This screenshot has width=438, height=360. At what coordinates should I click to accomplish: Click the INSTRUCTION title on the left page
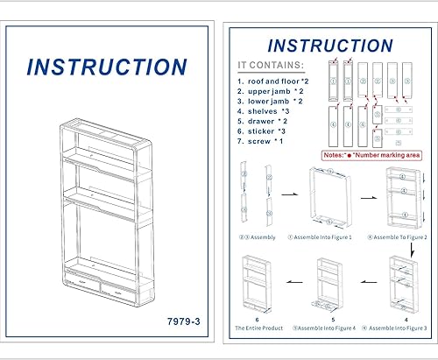tap(106, 67)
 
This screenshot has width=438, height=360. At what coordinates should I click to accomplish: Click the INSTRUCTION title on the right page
tap(330, 46)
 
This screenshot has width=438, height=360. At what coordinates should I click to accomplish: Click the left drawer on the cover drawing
tap(83, 286)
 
